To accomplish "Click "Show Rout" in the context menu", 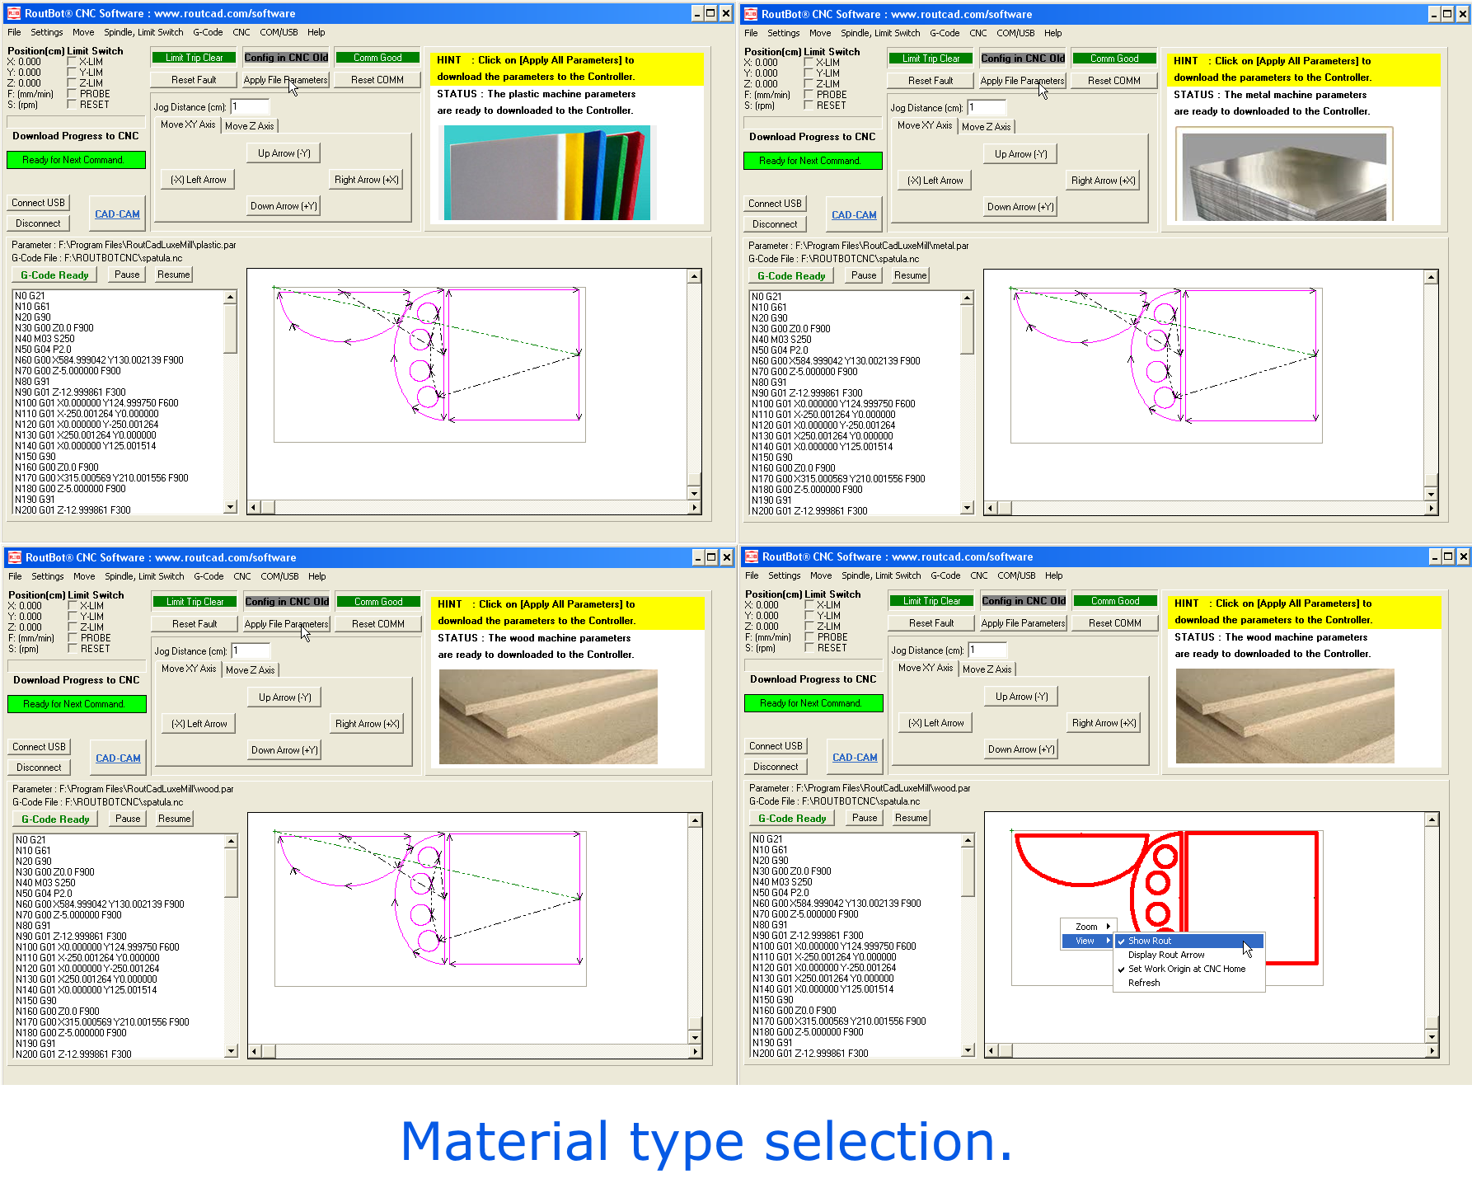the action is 1149,941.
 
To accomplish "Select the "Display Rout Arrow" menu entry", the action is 1165,955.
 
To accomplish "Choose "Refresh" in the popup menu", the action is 1143,983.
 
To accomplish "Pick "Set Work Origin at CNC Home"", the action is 1186,969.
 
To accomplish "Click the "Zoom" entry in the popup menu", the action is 1086,927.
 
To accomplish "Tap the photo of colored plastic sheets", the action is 547,172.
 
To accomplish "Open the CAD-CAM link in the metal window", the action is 854,215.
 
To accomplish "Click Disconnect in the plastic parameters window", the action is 38,223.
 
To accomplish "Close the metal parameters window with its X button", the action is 1463,14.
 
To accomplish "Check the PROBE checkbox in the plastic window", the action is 72,94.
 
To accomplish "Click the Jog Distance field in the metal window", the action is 987,107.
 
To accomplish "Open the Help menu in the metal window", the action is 1052,33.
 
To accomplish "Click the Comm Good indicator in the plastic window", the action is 377,58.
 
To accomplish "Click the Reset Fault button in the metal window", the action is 931,81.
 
